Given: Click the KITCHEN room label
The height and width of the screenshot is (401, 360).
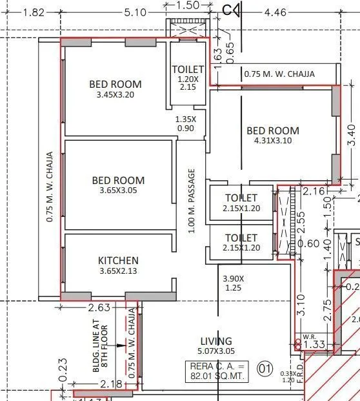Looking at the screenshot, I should pyautogui.click(x=118, y=260).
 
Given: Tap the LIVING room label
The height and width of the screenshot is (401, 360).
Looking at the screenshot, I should pyautogui.click(x=216, y=341).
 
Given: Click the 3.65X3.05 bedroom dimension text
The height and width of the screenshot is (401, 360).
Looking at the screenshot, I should pyautogui.click(x=118, y=190).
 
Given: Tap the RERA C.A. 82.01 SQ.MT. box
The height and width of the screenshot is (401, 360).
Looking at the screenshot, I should pyautogui.click(x=216, y=373).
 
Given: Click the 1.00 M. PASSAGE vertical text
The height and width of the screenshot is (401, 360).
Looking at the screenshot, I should pyautogui.click(x=191, y=201).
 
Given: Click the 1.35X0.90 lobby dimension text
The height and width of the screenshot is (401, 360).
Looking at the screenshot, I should pyautogui.click(x=186, y=123).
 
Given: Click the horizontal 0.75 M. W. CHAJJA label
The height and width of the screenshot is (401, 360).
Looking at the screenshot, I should pyautogui.click(x=279, y=74).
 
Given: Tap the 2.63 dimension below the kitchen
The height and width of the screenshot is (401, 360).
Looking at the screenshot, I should pyautogui.click(x=99, y=307).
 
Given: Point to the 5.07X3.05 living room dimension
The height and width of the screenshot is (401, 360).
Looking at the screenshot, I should pyautogui.click(x=216, y=352).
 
